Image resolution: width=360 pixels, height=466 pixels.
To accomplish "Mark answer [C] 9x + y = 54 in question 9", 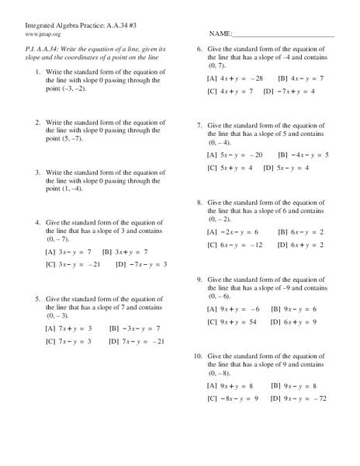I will click(x=230, y=321).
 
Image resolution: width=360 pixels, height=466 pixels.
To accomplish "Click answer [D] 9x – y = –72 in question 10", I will click(x=299, y=398).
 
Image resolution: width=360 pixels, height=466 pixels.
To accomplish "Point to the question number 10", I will click(x=198, y=355).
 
